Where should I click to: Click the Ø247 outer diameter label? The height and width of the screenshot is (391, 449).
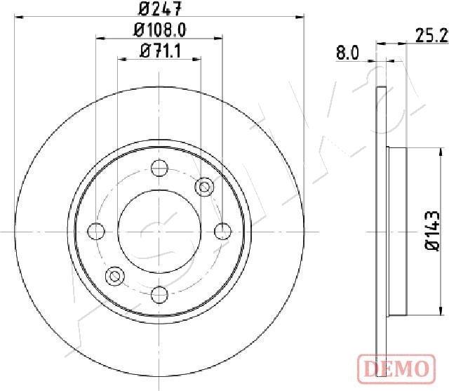[159, 9]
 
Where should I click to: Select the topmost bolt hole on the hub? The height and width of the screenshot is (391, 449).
[159, 168]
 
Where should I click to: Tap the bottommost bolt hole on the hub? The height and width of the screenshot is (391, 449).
[159, 294]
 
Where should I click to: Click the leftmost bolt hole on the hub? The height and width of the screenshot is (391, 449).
[96, 231]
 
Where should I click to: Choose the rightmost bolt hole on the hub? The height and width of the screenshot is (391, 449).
[222, 231]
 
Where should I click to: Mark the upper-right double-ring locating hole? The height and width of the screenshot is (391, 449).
[205, 186]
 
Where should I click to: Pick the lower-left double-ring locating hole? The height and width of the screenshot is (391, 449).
[114, 276]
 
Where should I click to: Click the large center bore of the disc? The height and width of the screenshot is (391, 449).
[159, 231]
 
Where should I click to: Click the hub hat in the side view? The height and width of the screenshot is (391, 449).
[398, 231]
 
